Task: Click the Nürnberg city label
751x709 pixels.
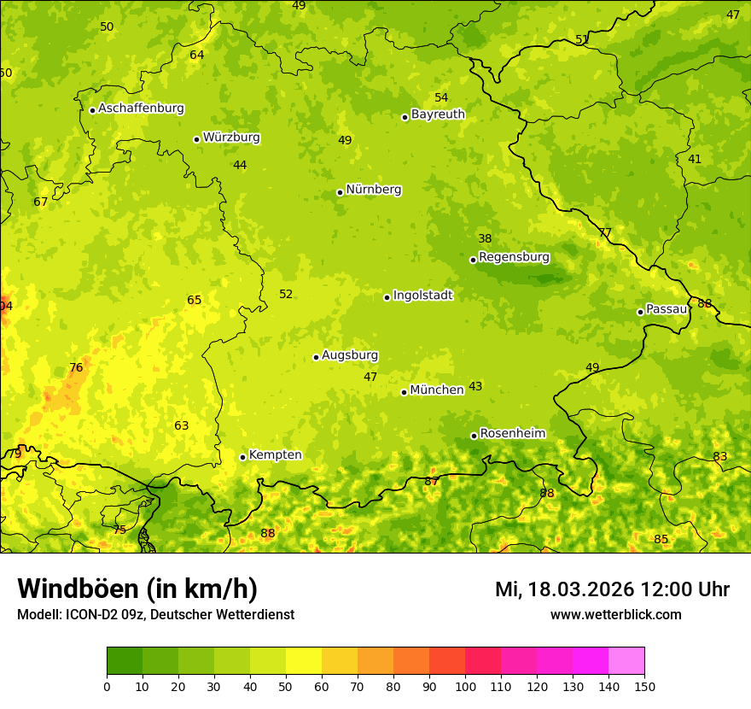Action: [373, 190]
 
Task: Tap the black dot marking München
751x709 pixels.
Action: [404, 392]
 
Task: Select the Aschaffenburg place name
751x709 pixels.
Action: [141, 108]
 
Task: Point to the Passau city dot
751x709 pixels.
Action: [640, 312]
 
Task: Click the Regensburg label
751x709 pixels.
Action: [514, 257]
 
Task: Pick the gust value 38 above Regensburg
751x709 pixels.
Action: [485, 239]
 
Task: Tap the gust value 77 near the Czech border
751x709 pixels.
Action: [605, 233]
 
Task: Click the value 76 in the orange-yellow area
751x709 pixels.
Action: [76, 368]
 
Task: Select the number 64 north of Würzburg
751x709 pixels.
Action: [197, 56]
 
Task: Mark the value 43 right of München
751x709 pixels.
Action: [475, 387]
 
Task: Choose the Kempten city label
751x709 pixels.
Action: [275, 455]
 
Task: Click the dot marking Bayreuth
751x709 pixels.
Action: [405, 117]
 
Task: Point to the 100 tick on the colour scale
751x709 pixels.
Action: [465, 686]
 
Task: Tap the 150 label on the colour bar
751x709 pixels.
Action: [644, 686]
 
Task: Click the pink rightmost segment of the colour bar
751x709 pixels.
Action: [626, 661]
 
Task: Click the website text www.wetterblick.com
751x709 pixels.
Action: [615, 614]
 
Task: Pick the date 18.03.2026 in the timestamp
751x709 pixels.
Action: [580, 589]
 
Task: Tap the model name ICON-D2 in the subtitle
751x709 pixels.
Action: [88, 614]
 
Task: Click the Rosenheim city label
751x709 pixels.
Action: [512, 434]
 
